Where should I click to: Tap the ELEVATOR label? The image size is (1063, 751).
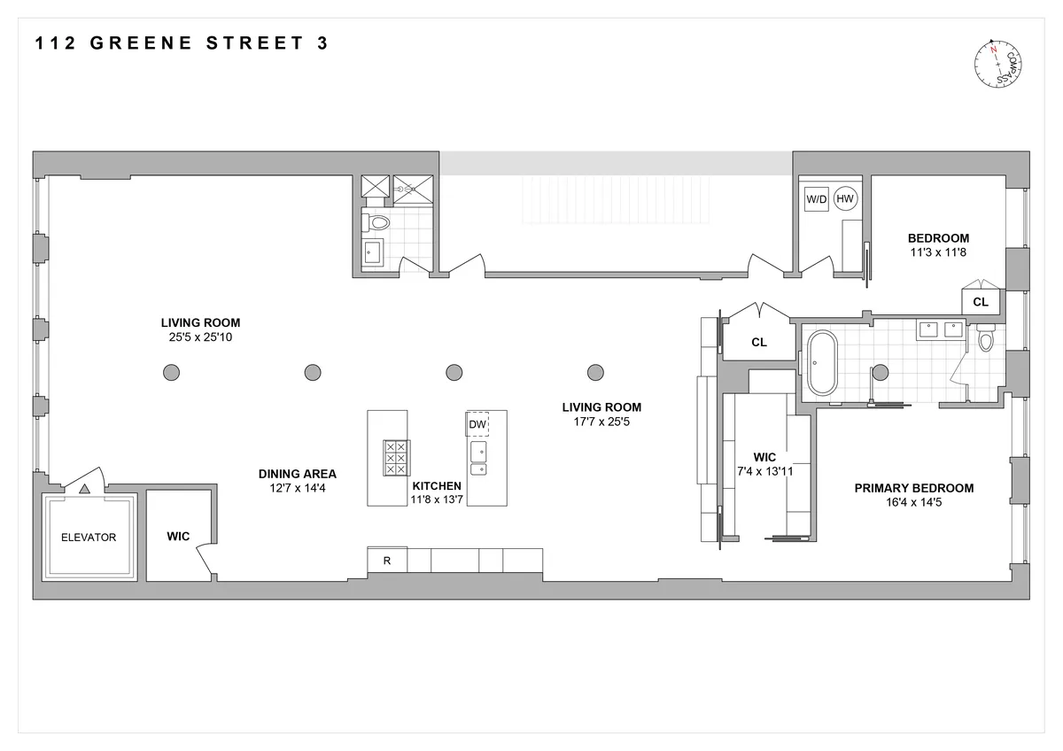88,538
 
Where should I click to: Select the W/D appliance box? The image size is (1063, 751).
816,199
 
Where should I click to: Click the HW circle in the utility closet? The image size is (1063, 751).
845,199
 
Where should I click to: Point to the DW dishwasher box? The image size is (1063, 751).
477,426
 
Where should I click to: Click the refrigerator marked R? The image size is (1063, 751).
387,561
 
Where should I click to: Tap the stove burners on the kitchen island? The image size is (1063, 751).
394,457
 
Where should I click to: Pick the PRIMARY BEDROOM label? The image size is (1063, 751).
913,488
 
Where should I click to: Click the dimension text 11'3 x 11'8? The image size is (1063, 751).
938,252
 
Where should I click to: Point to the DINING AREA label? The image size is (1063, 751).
297,474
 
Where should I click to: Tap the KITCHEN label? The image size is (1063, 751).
437,486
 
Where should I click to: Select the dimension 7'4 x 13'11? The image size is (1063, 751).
764,471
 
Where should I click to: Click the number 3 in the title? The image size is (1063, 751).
322,43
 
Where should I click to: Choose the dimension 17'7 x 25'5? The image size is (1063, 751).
601,422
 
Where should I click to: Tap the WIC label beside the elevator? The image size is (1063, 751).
179,537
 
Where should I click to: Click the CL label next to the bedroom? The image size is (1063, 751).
981,302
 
